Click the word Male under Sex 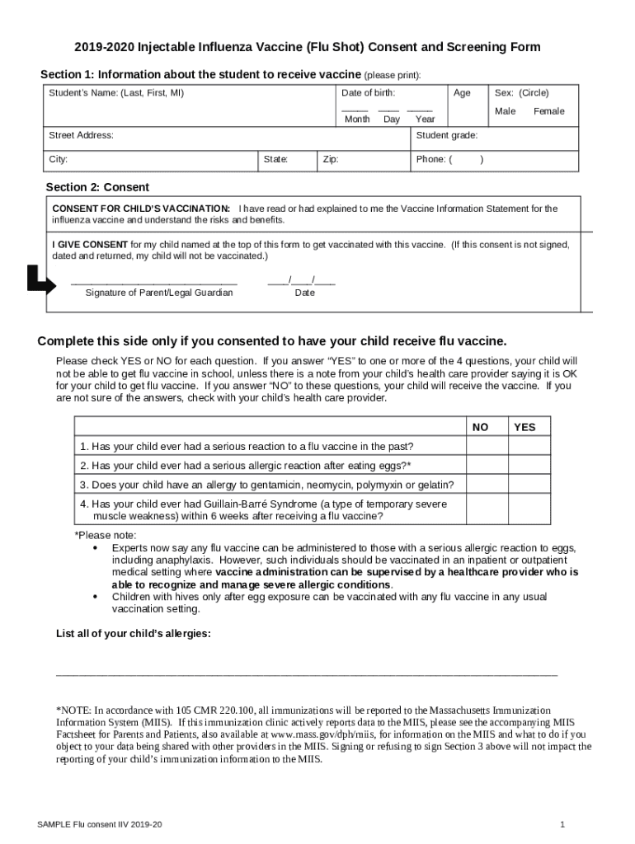point(505,111)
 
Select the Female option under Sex point(549,111)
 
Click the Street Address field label point(81,135)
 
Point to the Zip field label point(331,159)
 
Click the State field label point(275,159)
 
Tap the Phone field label point(431,159)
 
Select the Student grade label point(447,135)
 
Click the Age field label point(462,93)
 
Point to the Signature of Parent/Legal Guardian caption point(159,293)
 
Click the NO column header point(480,427)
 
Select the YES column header point(524,427)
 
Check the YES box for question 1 point(527,446)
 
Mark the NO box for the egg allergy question point(487,466)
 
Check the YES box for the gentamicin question point(527,485)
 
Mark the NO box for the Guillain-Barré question point(487,509)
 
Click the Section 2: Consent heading point(97,187)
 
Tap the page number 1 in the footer point(562,824)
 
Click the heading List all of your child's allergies point(133,634)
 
